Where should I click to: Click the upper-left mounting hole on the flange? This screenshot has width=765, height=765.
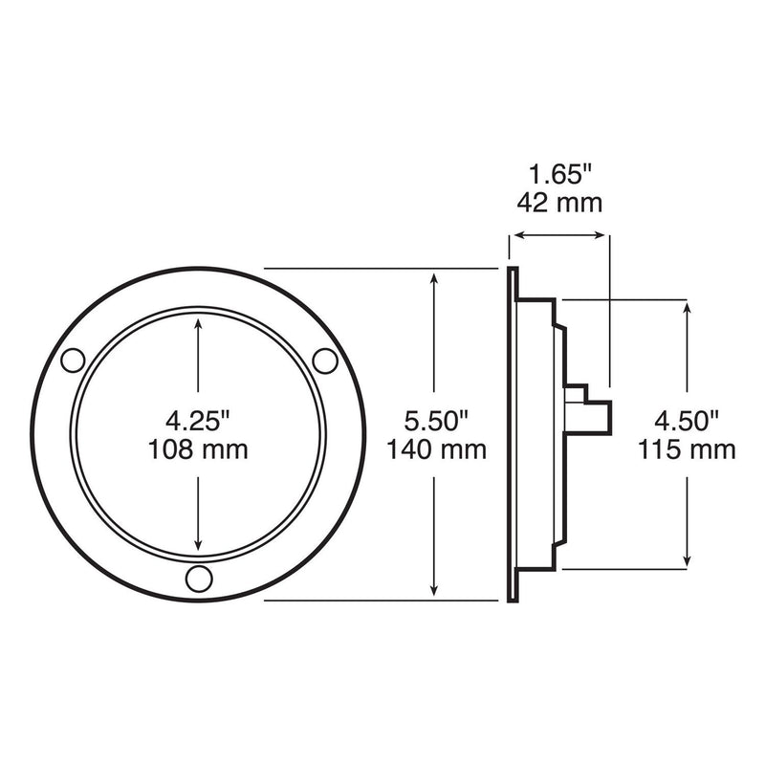coord(74,361)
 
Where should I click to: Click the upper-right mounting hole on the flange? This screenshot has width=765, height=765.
coord(325,361)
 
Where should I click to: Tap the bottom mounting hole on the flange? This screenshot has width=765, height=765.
coord(199,579)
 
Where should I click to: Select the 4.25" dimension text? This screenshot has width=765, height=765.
coord(197,421)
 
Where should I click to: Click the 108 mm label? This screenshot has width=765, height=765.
coord(198,449)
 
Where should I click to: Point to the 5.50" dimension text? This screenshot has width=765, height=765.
coord(436,421)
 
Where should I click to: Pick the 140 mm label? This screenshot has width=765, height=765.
coord(437,449)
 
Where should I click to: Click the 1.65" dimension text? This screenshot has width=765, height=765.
coord(560,174)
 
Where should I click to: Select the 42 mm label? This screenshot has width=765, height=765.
coord(559,203)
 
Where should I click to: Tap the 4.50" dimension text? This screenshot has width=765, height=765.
coord(687,421)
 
